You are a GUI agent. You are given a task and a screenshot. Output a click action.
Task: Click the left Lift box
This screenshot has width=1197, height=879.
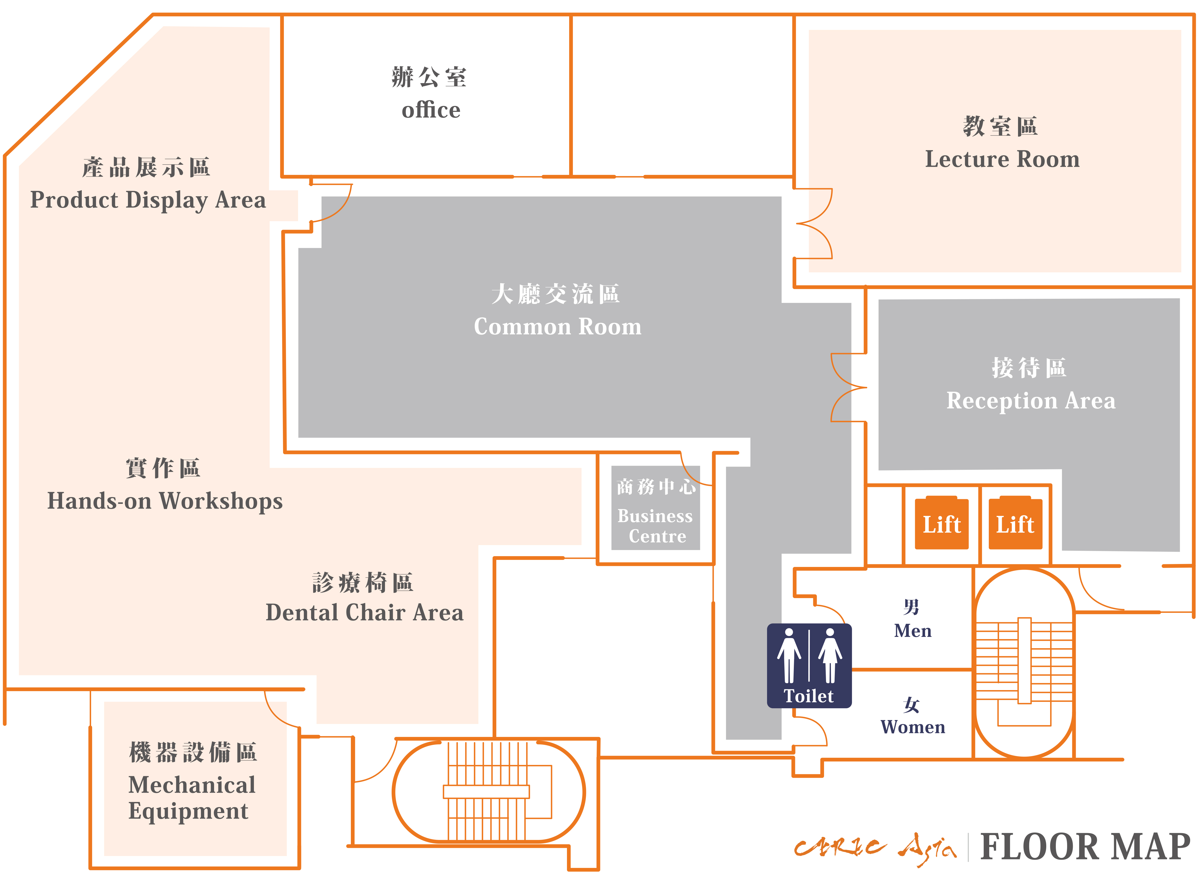(x=941, y=524)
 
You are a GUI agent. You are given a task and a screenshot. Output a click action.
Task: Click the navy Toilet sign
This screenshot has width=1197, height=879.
(x=809, y=666)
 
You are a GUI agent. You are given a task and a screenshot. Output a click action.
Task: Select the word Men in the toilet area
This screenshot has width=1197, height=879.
(x=913, y=631)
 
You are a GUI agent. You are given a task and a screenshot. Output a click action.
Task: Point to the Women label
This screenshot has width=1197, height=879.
(x=913, y=727)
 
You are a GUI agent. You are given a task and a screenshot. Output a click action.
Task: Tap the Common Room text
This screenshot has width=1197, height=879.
(x=558, y=327)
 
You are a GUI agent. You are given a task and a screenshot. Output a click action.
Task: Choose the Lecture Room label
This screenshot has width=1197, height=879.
(x=1002, y=159)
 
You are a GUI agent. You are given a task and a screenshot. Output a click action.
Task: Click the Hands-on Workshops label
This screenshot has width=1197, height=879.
(x=165, y=501)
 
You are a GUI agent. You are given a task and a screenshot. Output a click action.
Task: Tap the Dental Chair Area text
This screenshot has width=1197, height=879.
(x=365, y=612)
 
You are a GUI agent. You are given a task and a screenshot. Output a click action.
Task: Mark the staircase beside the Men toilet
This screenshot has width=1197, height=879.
(x=1024, y=663)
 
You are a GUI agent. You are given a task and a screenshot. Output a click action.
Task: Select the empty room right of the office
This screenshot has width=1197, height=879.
(x=682, y=96)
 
